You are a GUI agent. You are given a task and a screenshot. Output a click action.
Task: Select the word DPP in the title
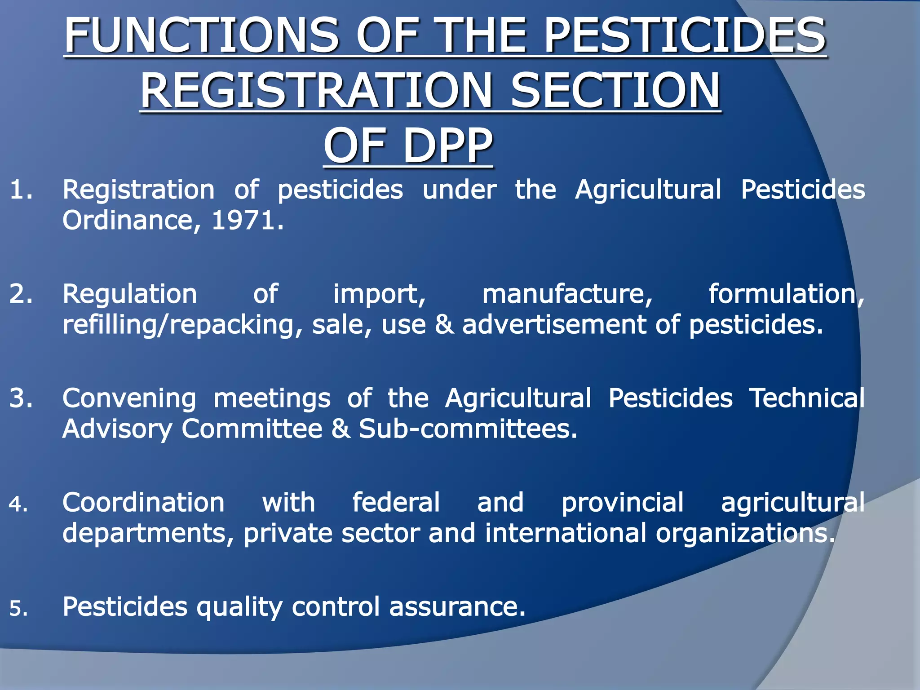tap(448, 146)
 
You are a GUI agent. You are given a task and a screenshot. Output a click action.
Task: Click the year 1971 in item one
tap(243, 221)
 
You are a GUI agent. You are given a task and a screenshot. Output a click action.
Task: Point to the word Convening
tap(129, 399)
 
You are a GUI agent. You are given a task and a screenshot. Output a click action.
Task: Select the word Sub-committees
tap(467, 429)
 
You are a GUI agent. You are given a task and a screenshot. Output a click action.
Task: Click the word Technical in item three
tap(807, 398)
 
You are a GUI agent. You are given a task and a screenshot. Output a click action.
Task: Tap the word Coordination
tap(143, 503)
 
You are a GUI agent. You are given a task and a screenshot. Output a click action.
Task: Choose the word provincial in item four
tap(623, 503)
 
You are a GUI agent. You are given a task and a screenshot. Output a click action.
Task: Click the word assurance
tap(457, 607)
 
